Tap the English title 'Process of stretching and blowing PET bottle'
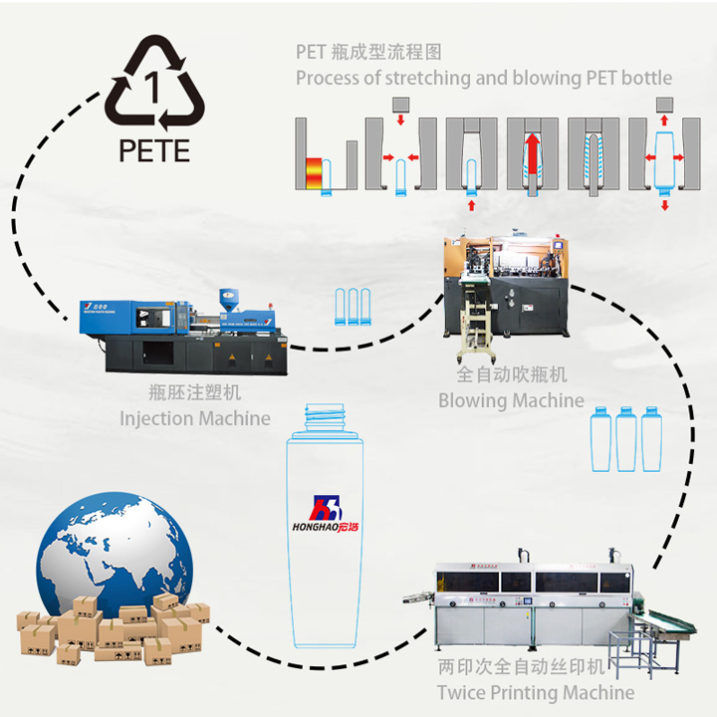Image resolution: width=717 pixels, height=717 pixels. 484,78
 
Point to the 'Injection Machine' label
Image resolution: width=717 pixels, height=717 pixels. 195,418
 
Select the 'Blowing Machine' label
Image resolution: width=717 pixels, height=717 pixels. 511,400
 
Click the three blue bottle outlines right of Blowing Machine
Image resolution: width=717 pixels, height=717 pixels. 625,439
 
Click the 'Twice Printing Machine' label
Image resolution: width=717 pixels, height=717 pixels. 536,692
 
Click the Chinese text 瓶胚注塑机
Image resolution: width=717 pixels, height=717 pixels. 194,394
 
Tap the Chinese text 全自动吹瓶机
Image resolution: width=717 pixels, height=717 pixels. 511,375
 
